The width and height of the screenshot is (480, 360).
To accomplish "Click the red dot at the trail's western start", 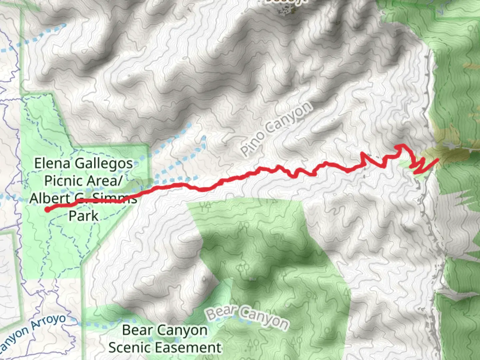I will tap(48, 209).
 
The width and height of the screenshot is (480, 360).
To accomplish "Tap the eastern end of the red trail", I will tap(437, 160).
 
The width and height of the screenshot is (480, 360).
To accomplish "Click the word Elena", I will tap(52, 163).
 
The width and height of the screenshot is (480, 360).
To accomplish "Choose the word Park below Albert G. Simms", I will tap(84, 216).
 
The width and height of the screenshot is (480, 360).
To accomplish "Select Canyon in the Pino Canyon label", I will tap(291, 117).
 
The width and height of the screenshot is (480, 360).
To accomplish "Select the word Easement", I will tap(188, 348).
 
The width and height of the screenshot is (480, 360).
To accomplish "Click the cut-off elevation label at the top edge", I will tap(286, 2).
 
